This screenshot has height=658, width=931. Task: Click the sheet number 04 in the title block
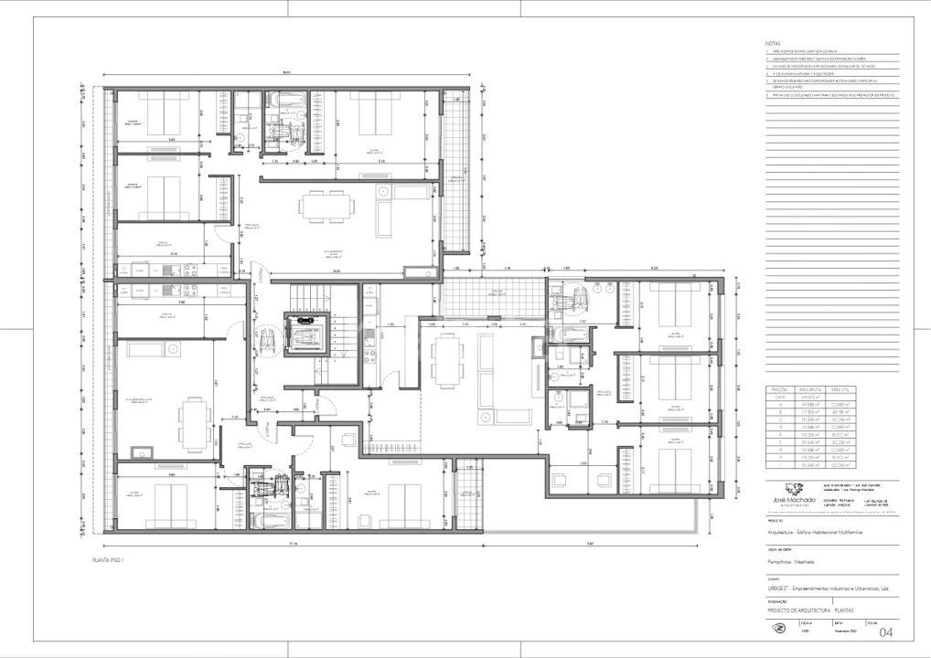885,632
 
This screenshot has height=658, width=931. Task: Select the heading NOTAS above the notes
773,43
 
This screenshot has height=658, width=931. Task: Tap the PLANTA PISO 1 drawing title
108,560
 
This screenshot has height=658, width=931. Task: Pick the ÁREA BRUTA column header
809,388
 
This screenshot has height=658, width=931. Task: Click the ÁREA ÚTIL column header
840,388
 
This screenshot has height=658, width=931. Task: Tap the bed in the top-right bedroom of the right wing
674,307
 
